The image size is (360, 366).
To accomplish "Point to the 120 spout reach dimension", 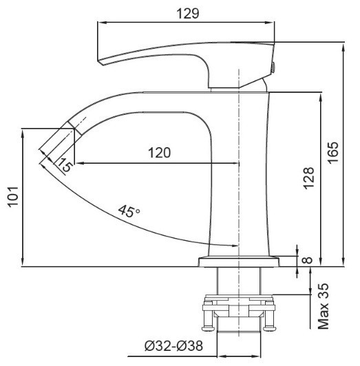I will point(158,153).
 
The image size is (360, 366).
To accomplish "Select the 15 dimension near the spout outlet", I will point(63,165).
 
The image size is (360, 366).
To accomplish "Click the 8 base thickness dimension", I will point(307,261).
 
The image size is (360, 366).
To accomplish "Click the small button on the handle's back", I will point(274,67).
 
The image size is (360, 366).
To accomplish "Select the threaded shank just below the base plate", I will point(237,281).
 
